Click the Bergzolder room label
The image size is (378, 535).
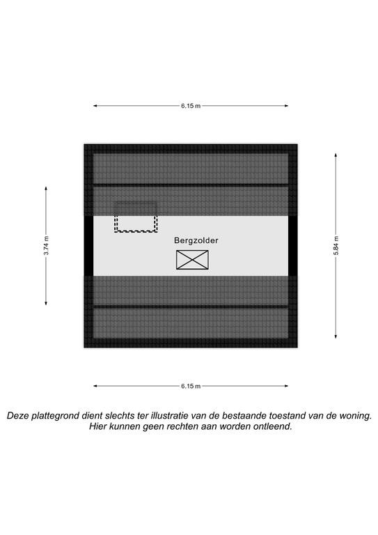pos(196,240)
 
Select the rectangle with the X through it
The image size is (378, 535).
pos(192,260)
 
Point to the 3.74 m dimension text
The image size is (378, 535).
pos(47,246)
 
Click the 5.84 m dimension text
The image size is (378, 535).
pos(336,246)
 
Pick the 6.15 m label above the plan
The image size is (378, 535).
pos(191,106)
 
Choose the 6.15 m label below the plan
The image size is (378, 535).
pos(191,386)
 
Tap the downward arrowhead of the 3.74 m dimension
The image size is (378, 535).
pos(47,302)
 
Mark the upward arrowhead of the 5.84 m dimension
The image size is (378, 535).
pos(336,155)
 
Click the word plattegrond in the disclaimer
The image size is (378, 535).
pos(58,416)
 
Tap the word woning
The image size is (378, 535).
pos(354,416)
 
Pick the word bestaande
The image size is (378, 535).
pos(244,416)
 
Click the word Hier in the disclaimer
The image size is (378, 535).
pos(97,426)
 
